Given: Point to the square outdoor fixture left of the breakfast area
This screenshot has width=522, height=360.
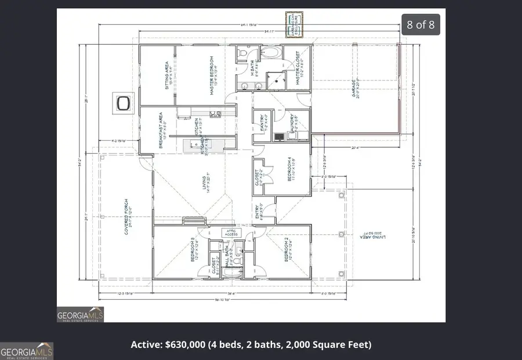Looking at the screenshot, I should tap(123, 103).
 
